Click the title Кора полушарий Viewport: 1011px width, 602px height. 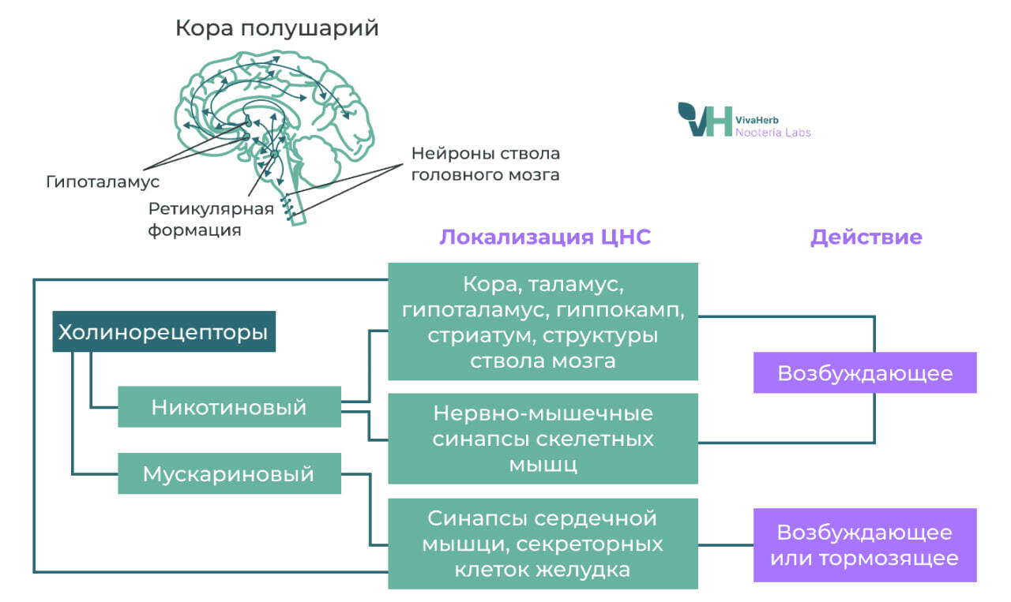point(276,29)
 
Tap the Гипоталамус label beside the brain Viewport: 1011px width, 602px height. point(103,181)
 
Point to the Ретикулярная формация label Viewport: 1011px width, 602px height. point(211,219)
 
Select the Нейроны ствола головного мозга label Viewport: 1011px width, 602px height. point(485,163)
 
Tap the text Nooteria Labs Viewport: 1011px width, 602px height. point(772,133)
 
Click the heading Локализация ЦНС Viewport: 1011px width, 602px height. point(545,237)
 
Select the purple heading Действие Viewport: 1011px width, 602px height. point(866,237)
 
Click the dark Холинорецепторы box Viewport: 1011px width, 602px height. point(163,332)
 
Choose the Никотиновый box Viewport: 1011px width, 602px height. point(229,407)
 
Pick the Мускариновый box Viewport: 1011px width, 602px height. point(229,474)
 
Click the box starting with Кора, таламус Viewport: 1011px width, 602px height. point(543,322)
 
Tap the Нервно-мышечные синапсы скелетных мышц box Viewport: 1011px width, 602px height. point(543,439)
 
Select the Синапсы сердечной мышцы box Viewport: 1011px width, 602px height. point(543,544)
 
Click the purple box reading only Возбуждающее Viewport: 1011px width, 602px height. point(865,372)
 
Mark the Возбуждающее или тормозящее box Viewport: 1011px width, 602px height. point(865,545)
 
